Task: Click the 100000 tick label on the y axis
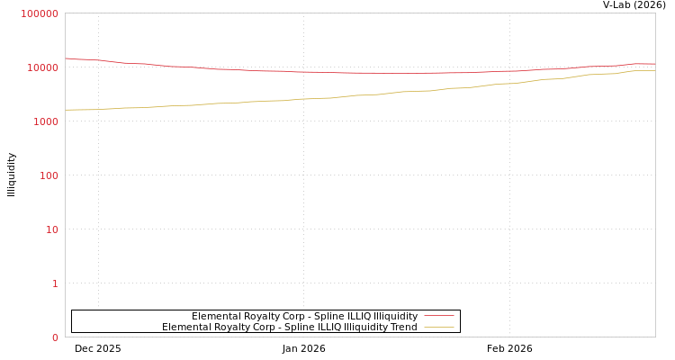coord(40,13)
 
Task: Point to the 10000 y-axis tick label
coord(42,67)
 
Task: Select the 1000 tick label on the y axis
coord(45,121)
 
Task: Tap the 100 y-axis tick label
coord(48,175)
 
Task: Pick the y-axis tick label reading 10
coord(51,229)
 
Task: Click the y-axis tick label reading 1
coord(55,283)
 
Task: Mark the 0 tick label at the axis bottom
coord(55,337)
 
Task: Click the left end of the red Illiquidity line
coord(66,58)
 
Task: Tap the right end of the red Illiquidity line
coord(654,64)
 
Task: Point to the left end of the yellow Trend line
coord(66,110)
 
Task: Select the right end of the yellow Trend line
coord(654,70)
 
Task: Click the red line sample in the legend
coord(438,316)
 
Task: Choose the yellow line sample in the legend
coord(438,327)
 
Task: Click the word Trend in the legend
coord(403,327)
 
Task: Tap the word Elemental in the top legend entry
coord(214,316)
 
